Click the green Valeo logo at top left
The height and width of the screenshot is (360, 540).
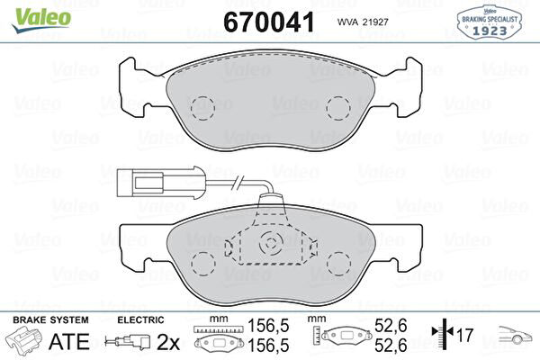[41, 19]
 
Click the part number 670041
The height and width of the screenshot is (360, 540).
[269, 22]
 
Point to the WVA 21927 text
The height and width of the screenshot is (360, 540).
[363, 22]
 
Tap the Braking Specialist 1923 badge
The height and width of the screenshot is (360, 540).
[489, 22]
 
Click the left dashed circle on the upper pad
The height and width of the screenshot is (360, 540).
[202, 108]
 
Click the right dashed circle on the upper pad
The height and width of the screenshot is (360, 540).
[338, 108]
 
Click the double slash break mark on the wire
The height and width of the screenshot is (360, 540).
[238, 183]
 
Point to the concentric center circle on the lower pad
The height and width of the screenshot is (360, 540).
[271, 243]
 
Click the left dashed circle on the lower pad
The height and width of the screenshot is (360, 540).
[202, 264]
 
